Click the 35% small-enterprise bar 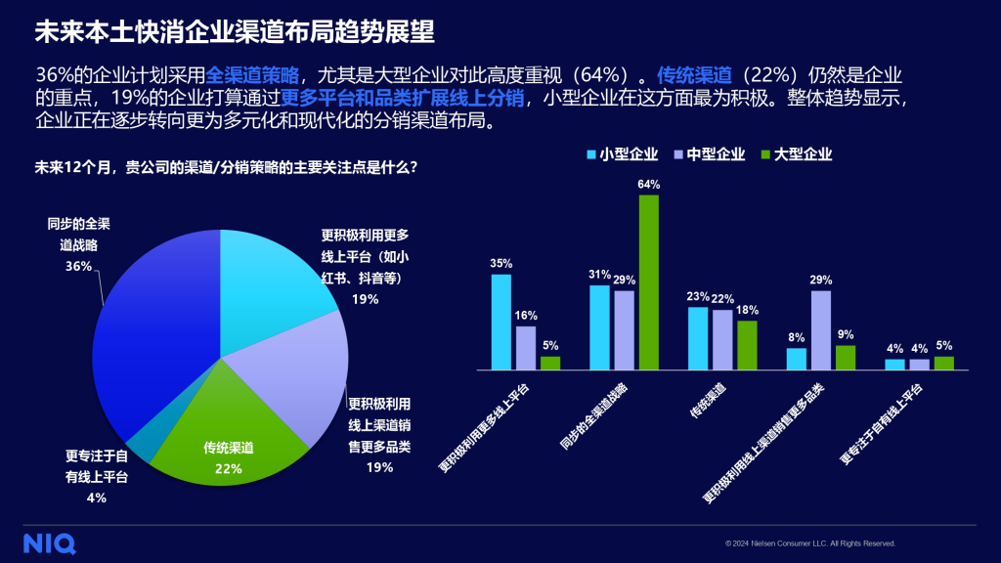click(500, 322)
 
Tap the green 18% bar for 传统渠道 click(747, 345)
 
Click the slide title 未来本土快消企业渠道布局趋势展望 click(235, 31)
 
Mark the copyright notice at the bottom click(810, 543)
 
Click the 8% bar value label click(797, 336)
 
